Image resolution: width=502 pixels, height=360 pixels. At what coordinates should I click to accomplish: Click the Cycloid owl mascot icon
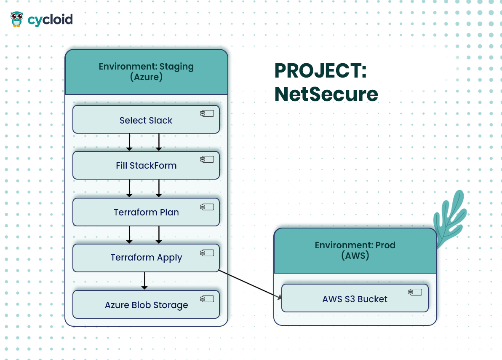pyautogui.click(x=17, y=19)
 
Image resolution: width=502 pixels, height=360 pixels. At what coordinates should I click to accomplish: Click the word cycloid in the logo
pyautogui.click(x=50, y=20)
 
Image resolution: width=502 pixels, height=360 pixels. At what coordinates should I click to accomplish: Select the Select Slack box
pyautogui.click(x=146, y=119)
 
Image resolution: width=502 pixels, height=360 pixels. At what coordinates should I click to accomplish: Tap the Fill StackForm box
pyautogui.click(x=146, y=165)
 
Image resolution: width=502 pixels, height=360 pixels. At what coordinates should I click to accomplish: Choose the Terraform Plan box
pyautogui.click(x=146, y=212)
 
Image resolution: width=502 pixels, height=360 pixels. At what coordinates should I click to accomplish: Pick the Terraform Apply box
pyautogui.click(x=146, y=258)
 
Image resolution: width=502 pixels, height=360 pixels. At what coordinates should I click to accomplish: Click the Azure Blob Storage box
pyautogui.click(x=146, y=304)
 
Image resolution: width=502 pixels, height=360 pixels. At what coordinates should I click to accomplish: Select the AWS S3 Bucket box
pyautogui.click(x=355, y=298)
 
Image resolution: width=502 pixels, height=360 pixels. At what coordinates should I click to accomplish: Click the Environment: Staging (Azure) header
pyautogui.click(x=146, y=72)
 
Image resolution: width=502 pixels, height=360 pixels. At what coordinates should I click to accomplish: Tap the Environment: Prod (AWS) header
pyautogui.click(x=355, y=250)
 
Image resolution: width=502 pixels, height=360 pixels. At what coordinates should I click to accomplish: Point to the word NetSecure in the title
pyautogui.click(x=326, y=94)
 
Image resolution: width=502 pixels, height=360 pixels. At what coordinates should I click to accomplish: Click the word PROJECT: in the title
pyautogui.click(x=320, y=70)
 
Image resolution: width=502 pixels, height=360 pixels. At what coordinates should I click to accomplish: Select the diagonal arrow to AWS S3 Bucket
pyautogui.click(x=250, y=285)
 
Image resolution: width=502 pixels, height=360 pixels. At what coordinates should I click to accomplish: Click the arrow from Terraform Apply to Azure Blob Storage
pyautogui.click(x=144, y=281)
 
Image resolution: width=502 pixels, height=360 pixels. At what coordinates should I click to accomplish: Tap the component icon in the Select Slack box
pyautogui.click(x=207, y=113)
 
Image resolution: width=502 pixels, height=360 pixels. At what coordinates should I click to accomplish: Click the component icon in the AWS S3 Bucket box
pyautogui.click(x=415, y=292)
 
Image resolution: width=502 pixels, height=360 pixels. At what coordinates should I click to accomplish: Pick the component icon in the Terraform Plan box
pyautogui.click(x=207, y=207)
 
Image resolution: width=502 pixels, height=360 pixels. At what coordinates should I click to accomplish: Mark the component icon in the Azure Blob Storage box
pyautogui.click(x=207, y=299)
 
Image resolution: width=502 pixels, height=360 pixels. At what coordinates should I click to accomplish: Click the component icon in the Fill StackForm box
pyautogui.click(x=207, y=159)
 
